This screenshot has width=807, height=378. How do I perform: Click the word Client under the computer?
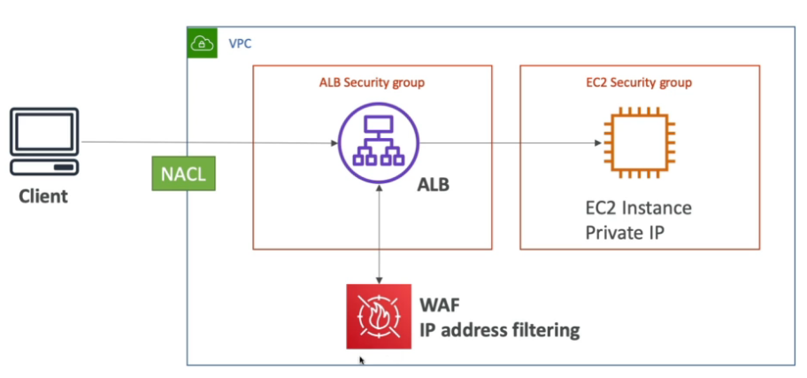[x=43, y=196]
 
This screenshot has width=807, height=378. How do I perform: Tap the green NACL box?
[x=183, y=174]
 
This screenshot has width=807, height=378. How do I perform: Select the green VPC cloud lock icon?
[x=203, y=42]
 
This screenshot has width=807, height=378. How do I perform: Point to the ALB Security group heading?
[x=372, y=83]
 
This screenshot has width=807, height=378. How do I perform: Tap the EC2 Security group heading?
[x=639, y=83]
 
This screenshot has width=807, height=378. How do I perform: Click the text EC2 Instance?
[x=638, y=209]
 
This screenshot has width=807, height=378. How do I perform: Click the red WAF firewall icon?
[x=378, y=315]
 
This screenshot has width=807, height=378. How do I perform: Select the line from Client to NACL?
[x=115, y=142]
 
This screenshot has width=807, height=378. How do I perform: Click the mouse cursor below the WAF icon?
[x=362, y=360]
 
